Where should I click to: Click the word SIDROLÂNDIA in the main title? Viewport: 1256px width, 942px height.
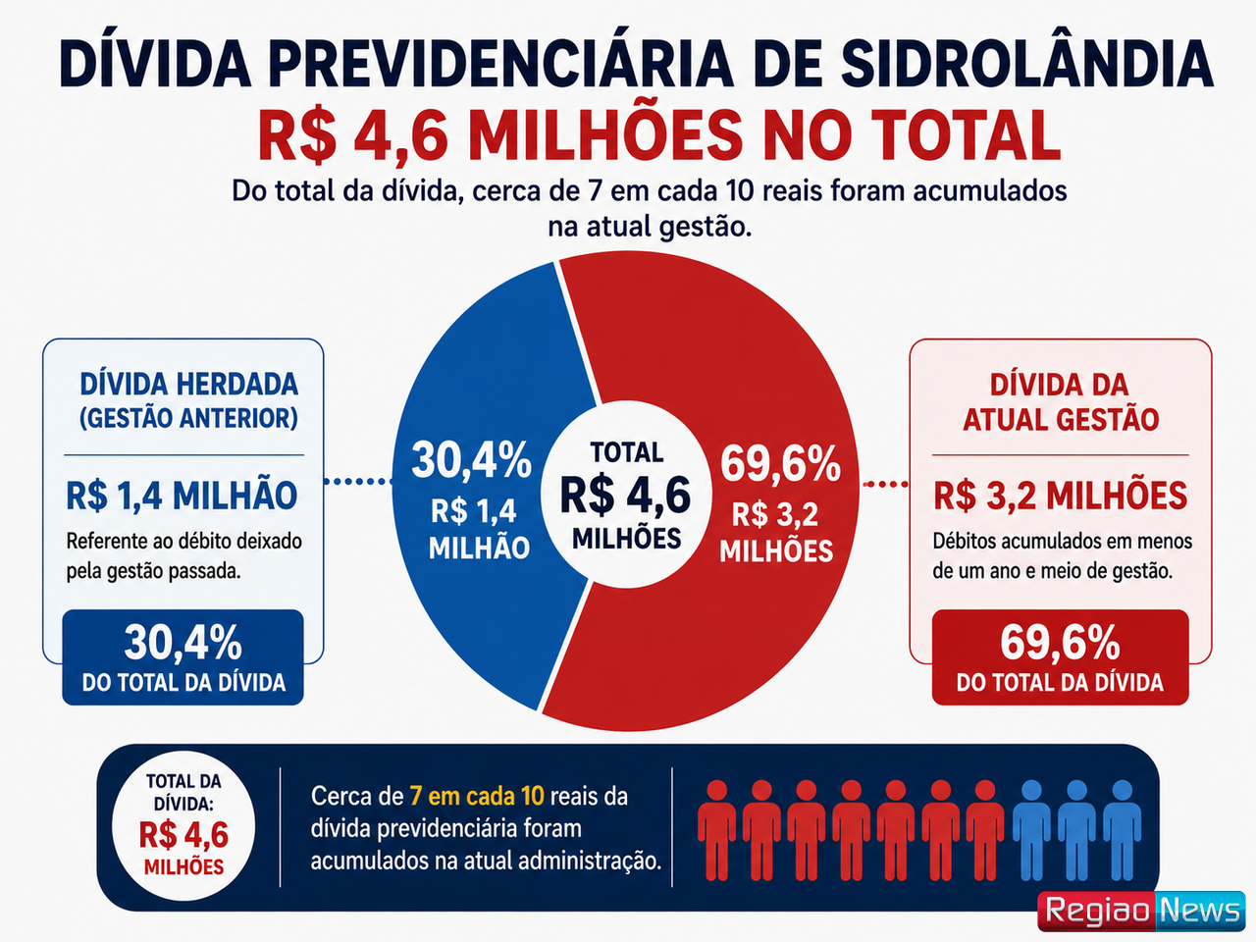point(1026,63)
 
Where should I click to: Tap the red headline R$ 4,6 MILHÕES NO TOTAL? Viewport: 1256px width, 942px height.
point(659,136)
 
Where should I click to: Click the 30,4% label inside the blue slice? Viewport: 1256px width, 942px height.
point(472,460)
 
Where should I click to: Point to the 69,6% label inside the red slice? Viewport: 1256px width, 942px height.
point(780,464)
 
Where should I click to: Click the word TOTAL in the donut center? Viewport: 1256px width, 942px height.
point(627,452)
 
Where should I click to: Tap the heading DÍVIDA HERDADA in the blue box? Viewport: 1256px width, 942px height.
point(188,384)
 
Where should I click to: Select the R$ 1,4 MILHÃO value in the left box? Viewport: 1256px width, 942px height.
point(182,496)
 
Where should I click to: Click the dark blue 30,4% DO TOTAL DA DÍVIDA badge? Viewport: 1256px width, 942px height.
point(183,657)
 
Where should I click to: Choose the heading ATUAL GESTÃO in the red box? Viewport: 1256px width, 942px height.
point(1061,419)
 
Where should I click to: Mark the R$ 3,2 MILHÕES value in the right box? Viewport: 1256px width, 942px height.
point(1061,496)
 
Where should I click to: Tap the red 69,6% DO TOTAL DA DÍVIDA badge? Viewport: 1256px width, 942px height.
point(1061,657)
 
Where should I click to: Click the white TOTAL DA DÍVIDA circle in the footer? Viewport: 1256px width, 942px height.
point(183,826)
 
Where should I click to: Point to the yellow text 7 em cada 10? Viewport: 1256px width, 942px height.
point(477,796)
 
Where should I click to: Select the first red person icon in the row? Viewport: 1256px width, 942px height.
point(717,830)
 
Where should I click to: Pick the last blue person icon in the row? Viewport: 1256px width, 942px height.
point(1122,830)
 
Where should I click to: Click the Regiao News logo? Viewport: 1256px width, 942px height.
point(1141,911)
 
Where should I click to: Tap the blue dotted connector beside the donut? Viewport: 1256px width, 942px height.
point(358,482)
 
